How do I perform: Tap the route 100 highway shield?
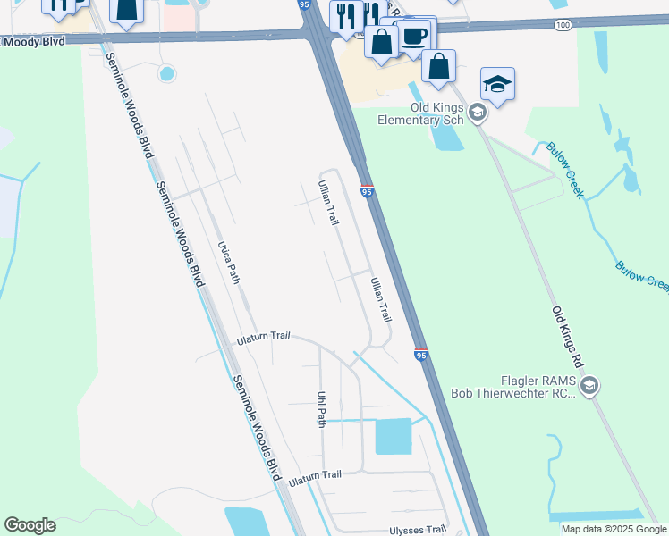tap(561, 25)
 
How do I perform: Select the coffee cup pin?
tap(413, 38)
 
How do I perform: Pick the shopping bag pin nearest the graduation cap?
tap(438, 66)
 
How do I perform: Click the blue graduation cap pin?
tap(496, 85)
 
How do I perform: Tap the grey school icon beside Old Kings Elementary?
tap(477, 112)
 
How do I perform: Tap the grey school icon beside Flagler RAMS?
tap(589, 386)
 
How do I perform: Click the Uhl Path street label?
tap(321, 408)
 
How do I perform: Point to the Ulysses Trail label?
tap(417, 530)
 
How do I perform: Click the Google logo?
tap(30, 525)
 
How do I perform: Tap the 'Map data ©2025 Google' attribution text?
tap(613, 529)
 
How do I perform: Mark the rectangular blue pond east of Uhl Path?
tap(393, 436)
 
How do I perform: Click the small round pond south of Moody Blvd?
tap(165, 74)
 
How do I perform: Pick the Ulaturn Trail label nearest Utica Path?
tap(264, 338)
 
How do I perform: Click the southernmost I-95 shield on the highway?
tap(421, 354)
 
